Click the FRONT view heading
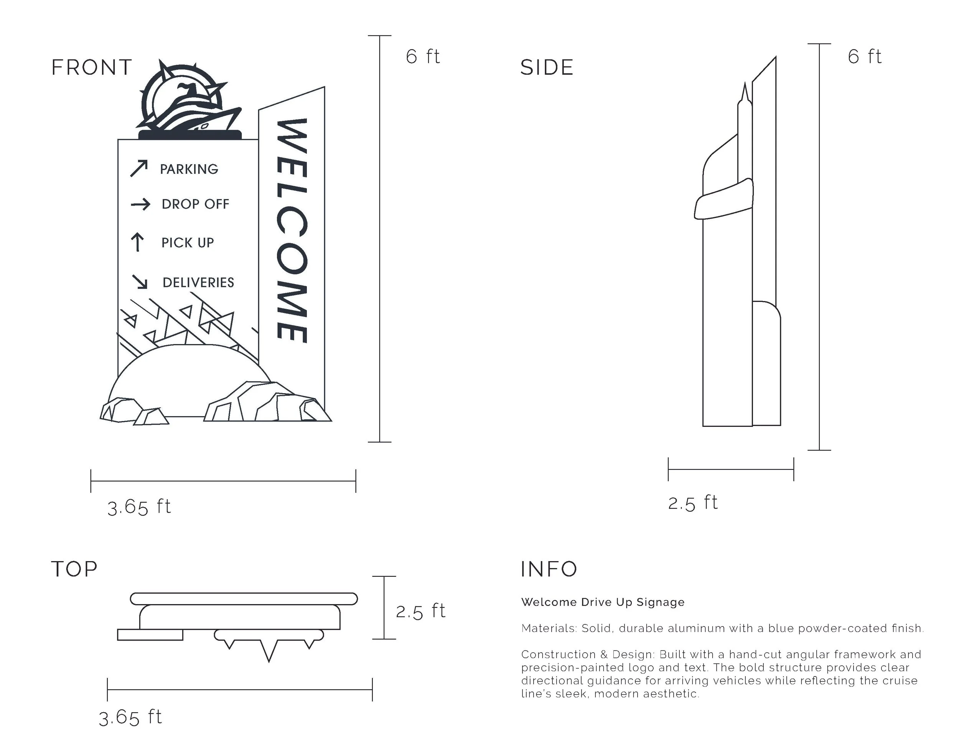[x=91, y=68]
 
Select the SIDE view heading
[x=547, y=68]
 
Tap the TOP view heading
[x=74, y=569]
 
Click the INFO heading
[x=549, y=569]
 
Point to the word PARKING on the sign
[x=189, y=169]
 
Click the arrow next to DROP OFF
[x=140, y=204]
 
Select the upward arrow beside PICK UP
[x=137, y=242]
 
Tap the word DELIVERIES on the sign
[x=198, y=282]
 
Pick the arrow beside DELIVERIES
[x=140, y=282]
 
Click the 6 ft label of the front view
[x=422, y=57]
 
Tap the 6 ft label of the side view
[x=864, y=57]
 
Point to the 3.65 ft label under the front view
[x=139, y=507]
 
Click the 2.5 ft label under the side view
[x=692, y=503]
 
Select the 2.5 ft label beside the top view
[x=420, y=611]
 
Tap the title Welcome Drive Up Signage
[x=603, y=602]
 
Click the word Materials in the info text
[x=549, y=628]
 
